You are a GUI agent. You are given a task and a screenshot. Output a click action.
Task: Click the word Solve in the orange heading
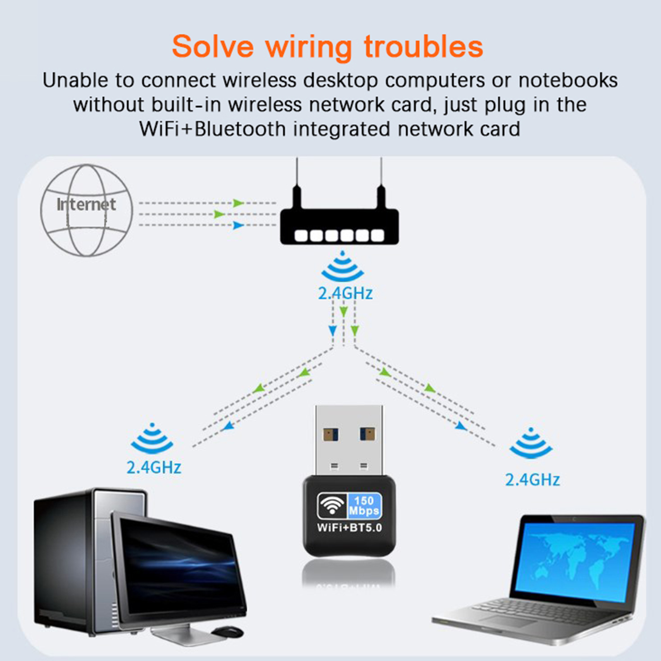coord(212,46)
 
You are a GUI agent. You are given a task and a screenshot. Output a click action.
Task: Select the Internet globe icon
coord(86,210)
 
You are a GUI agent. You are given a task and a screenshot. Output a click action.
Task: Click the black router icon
coord(339,226)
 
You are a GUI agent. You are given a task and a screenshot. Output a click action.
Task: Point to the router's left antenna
coord(297,182)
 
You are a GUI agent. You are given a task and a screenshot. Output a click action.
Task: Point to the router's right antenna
coord(381,182)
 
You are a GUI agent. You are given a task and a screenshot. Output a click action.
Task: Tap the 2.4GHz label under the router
coord(345,293)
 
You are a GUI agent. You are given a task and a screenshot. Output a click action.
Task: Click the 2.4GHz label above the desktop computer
coord(154,467)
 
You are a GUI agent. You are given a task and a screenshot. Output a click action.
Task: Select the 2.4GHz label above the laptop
coord(532,480)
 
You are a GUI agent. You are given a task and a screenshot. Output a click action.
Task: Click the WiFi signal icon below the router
coord(342,267)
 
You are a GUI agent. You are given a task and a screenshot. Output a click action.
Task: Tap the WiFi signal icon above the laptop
coord(530,444)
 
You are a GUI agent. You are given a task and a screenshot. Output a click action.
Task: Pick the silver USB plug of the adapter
coord(349,440)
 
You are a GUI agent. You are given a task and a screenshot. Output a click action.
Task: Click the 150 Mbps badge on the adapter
coord(364,506)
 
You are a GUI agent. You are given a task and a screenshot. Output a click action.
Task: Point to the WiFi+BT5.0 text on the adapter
coord(349,528)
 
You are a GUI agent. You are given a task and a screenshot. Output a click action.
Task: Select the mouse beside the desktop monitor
coord(227,631)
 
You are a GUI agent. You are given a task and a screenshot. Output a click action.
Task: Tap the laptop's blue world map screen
coord(574,562)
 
